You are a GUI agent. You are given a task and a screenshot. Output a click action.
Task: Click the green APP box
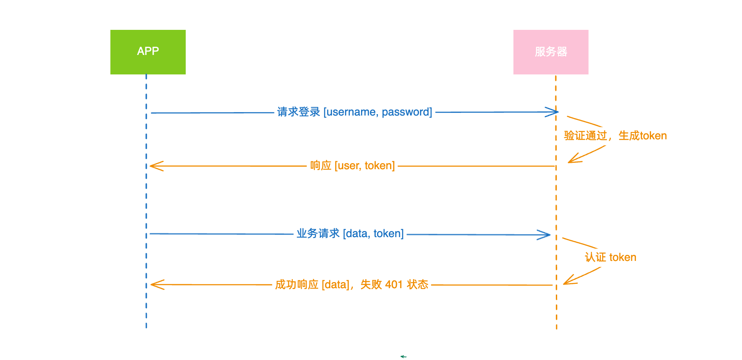(x=148, y=52)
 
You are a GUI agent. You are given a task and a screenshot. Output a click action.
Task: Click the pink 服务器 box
(x=551, y=52)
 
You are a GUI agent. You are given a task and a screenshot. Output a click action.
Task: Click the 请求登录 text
(x=299, y=112)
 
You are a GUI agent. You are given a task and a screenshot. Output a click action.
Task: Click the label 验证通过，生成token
(x=615, y=136)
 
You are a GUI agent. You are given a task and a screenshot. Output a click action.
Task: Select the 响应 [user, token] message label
(x=352, y=166)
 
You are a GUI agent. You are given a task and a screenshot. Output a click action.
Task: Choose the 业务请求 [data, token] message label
(x=350, y=234)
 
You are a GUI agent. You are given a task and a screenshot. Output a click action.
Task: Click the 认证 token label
(x=610, y=257)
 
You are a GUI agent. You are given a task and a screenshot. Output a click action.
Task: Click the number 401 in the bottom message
(x=394, y=285)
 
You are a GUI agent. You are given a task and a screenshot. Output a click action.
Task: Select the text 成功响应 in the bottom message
(x=297, y=285)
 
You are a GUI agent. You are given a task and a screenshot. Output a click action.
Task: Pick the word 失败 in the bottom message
(x=371, y=285)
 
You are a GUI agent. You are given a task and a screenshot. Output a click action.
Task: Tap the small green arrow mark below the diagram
(x=403, y=357)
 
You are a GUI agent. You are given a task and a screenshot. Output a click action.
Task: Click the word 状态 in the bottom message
(x=418, y=285)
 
